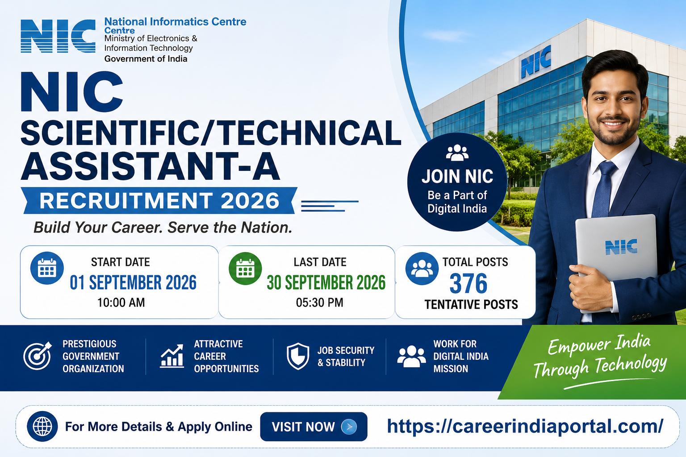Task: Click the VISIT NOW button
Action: tap(314, 426)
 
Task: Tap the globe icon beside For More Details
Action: tap(42, 426)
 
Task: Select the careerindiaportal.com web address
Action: tap(525, 426)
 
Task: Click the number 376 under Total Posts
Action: tap(468, 283)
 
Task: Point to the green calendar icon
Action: tap(245, 269)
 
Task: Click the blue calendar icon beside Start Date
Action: tap(47, 268)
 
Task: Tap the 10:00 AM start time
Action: tap(121, 303)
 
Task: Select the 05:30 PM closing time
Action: tap(319, 303)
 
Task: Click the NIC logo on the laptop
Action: tap(621, 247)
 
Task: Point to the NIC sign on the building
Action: tap(536, 61)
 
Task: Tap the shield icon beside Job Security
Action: tap(298, 356)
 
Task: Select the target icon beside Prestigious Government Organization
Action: tap(38, 356)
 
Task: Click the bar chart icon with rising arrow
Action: tap(172, 356)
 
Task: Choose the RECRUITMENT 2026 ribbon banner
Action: tap(159, 200)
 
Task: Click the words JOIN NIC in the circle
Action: tap(457, 176)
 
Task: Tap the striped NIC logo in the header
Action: tap(58, 36)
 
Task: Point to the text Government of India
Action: tap(146, 59)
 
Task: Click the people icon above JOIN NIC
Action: tap(457, 153)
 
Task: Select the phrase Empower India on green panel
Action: tap(599, 345)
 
